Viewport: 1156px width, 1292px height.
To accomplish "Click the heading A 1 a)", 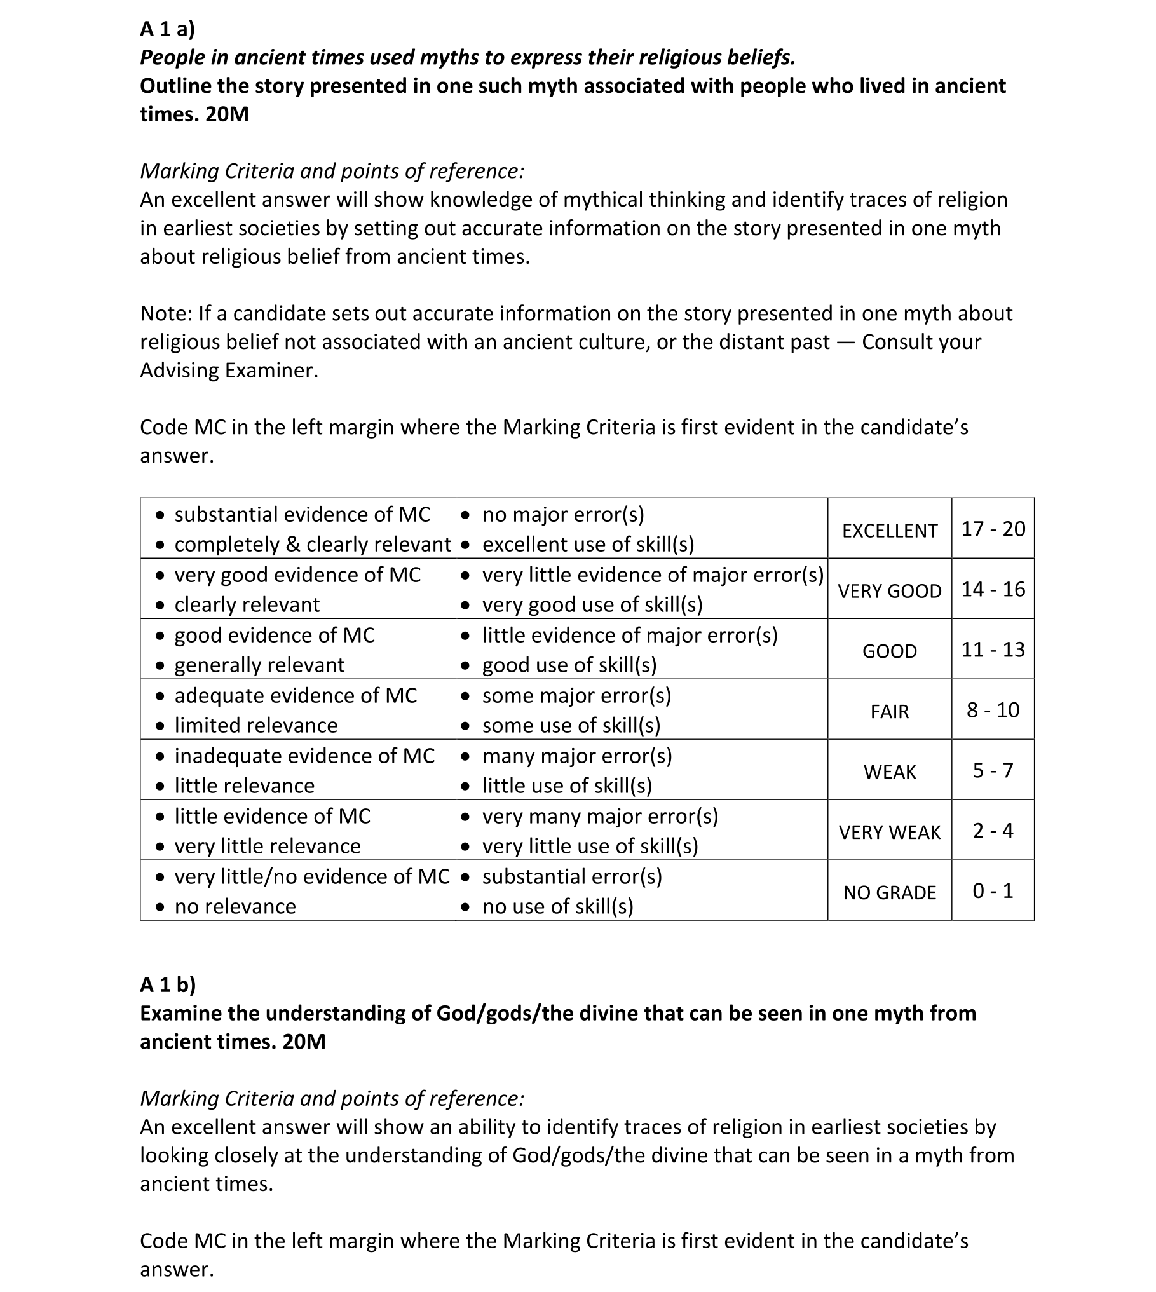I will point(167,29).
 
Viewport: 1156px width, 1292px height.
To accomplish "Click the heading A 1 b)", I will point(168,984).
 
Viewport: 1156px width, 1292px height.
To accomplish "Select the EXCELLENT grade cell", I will point(889,531).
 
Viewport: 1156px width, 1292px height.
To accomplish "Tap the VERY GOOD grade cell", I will point(889,591).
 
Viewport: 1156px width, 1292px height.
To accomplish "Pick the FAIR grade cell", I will point(889,712).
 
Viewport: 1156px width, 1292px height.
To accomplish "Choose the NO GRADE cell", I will point(889,893).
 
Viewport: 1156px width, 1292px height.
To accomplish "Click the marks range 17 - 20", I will point(993,529).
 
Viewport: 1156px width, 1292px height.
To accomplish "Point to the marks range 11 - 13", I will point(993,649).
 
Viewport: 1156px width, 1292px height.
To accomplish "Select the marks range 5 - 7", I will point(993,770).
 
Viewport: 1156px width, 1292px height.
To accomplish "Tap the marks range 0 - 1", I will point(993,891).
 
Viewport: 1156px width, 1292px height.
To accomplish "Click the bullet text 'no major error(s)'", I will point(563,515).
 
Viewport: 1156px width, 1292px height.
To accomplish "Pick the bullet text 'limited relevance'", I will point(256,726).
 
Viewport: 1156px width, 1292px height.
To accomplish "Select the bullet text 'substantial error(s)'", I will point(572,877).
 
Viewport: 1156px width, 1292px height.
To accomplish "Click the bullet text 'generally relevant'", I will point(259,665).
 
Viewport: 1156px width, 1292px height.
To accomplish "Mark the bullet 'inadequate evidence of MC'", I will point(304,756).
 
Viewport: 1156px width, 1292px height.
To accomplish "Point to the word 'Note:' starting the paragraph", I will point(166,314).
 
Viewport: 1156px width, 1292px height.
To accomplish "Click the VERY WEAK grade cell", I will point(889,833).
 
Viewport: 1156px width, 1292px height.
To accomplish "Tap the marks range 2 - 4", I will point(993,831).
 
